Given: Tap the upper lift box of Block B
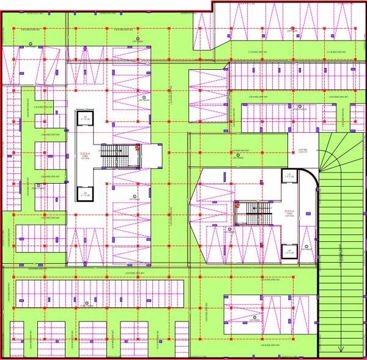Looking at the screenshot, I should pyautogui.click(x=289, y=176).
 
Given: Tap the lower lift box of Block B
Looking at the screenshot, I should pyautogui.click(x=289, y=251).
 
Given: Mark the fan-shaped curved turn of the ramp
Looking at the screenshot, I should pyautogui.click(x=336, y=159).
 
